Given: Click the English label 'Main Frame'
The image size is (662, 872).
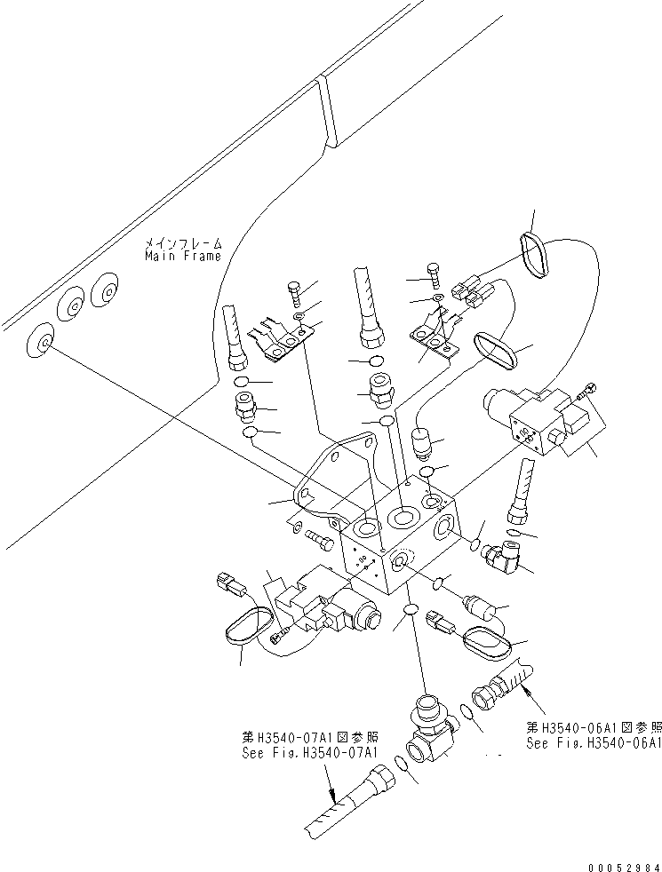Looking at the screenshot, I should [183, 256].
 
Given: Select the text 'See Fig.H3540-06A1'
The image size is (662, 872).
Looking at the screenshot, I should [593, 744].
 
